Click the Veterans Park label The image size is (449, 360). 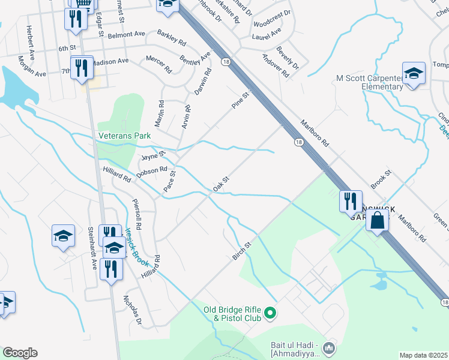point(125,136)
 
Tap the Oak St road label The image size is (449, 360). point(220,184)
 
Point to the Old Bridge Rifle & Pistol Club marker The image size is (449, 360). point(270,312)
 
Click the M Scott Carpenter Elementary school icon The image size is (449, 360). point(414,74)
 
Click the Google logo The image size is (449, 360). point(20,353)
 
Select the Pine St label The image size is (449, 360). point(241,100)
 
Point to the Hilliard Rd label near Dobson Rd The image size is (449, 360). point(116,175)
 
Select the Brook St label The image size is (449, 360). point(381,180)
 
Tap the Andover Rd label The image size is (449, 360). point(276,66)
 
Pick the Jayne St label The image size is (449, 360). point(153,155)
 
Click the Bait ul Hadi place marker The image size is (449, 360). point(328,348)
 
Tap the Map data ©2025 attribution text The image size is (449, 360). point(423,355)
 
